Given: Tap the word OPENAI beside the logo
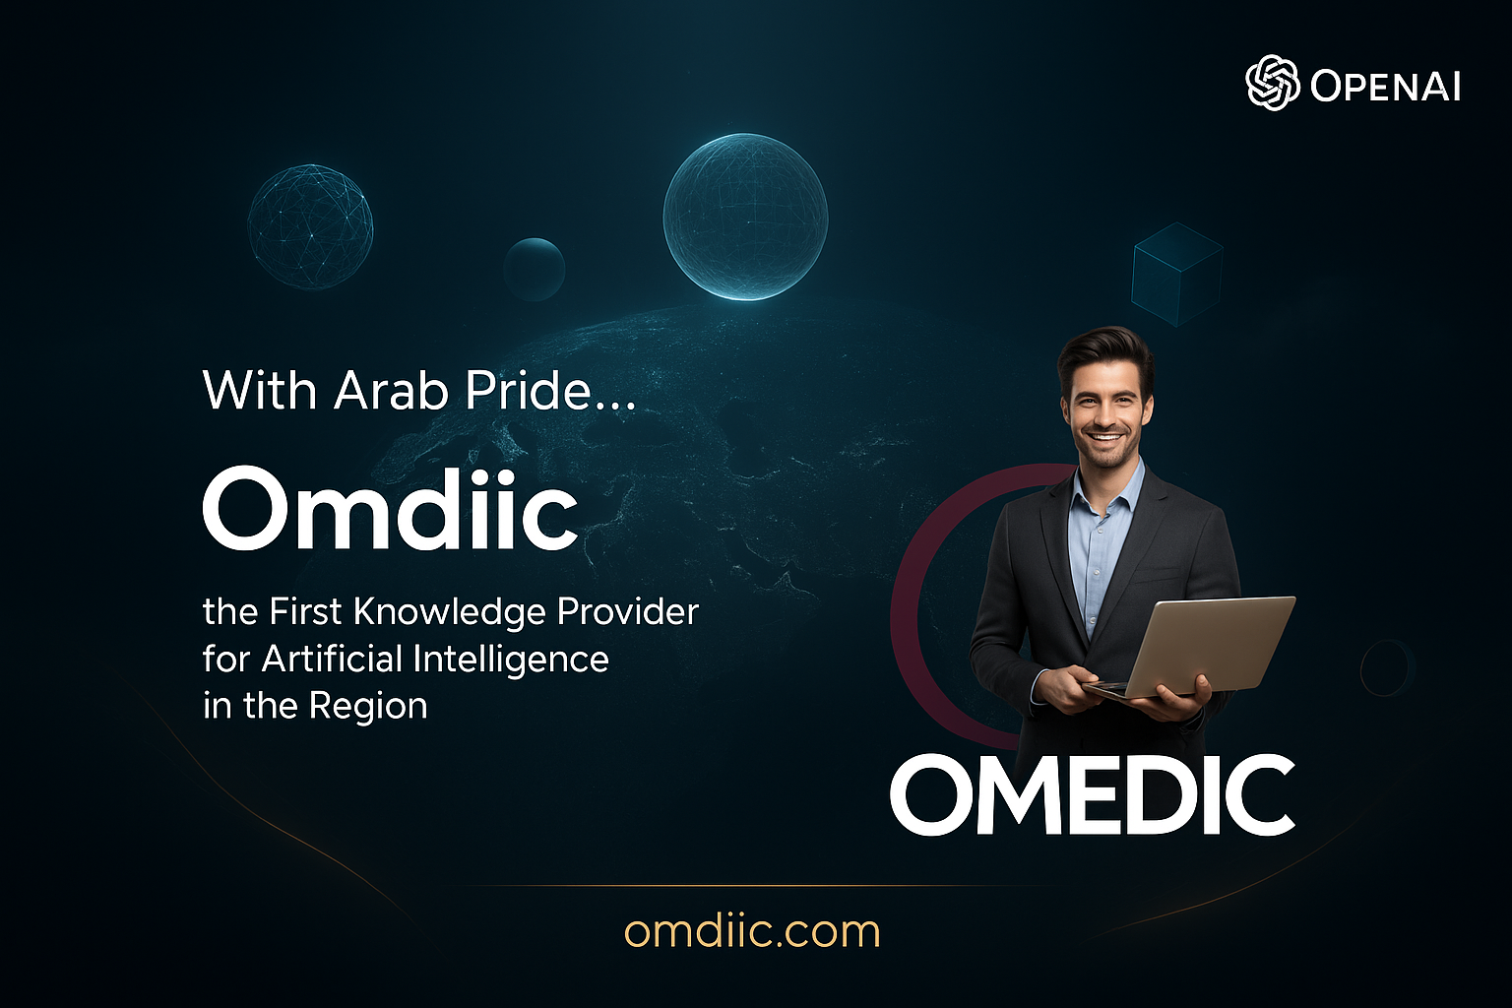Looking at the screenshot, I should click(1385, 87).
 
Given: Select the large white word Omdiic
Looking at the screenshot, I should click(390, 509).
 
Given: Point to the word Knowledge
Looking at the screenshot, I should click(450, 612).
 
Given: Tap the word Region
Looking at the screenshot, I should click(368, 706).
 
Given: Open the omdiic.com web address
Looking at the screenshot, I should click(752, 931).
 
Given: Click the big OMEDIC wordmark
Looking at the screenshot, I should click(1092, 795).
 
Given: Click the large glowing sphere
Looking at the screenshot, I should click(745, 217).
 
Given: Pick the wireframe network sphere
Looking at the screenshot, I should click(310, 226).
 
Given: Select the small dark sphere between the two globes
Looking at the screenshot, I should click(534, 269).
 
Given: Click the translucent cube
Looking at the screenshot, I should click(1176, 274).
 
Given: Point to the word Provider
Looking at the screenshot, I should click(627, 612).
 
